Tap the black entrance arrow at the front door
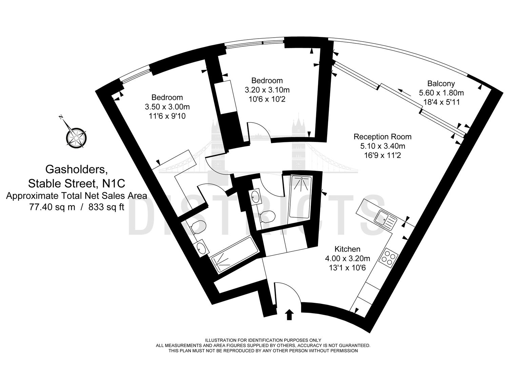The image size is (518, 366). tap(289, 315)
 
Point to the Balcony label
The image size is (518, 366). tap(441, 83)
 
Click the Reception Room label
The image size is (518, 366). tap(382, 137)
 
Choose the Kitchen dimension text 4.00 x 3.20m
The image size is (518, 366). tap(347, 258)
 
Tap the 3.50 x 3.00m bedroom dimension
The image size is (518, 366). tap(167, 107)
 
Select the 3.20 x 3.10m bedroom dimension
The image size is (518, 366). tap(267, 90)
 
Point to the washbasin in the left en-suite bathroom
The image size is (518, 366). tap(202, 247)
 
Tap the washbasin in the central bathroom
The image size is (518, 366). tap(255, 197)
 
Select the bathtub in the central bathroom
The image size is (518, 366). tap(301, 196)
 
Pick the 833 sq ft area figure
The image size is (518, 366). tap(106, 207)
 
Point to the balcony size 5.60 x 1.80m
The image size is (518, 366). tap(441, 93)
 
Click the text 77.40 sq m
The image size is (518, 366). tap(52, 207)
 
